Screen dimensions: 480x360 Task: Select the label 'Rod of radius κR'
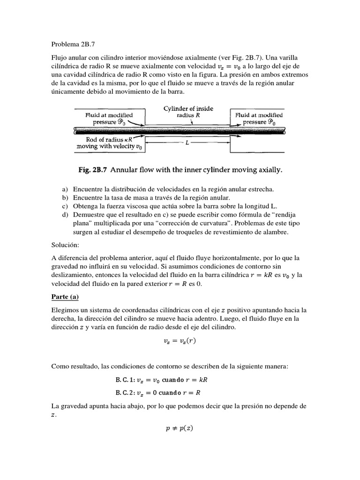(x=104, y=139)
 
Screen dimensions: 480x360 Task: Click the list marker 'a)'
(x=65, y=189)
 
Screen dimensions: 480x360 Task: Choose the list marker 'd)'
(x=65, y=214)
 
